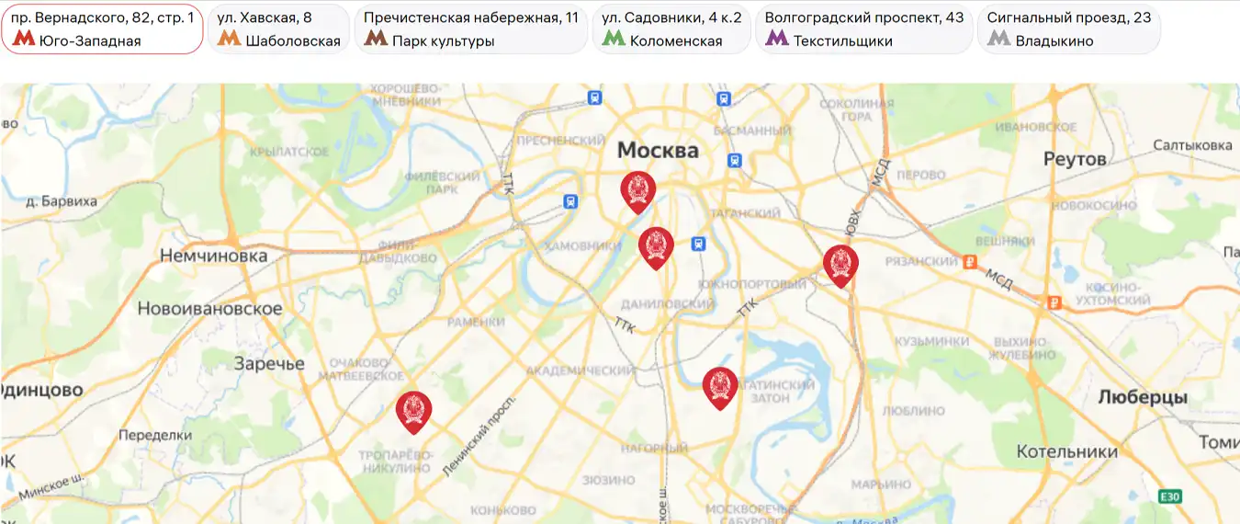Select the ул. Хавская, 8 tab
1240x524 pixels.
click(278, 28)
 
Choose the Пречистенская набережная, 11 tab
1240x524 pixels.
click(471, 28)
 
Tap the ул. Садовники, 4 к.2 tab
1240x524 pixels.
click(671, 28)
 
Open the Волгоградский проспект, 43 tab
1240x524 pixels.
click(863, 28)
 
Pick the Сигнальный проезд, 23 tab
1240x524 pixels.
click(1068, 28)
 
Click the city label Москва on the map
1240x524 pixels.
click(658, 150)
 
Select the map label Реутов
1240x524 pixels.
click(1075, 159)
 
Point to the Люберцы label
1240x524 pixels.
click(1143, 397)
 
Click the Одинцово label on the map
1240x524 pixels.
click(42, 390)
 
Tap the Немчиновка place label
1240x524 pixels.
click(213, 256)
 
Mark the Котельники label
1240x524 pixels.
click(1066, 451)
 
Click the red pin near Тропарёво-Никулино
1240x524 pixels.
click(413, 410)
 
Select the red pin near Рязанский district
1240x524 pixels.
click(840, 265)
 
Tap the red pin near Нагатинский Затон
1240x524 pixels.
click(720, 386)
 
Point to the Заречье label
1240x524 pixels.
click(268, 363)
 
